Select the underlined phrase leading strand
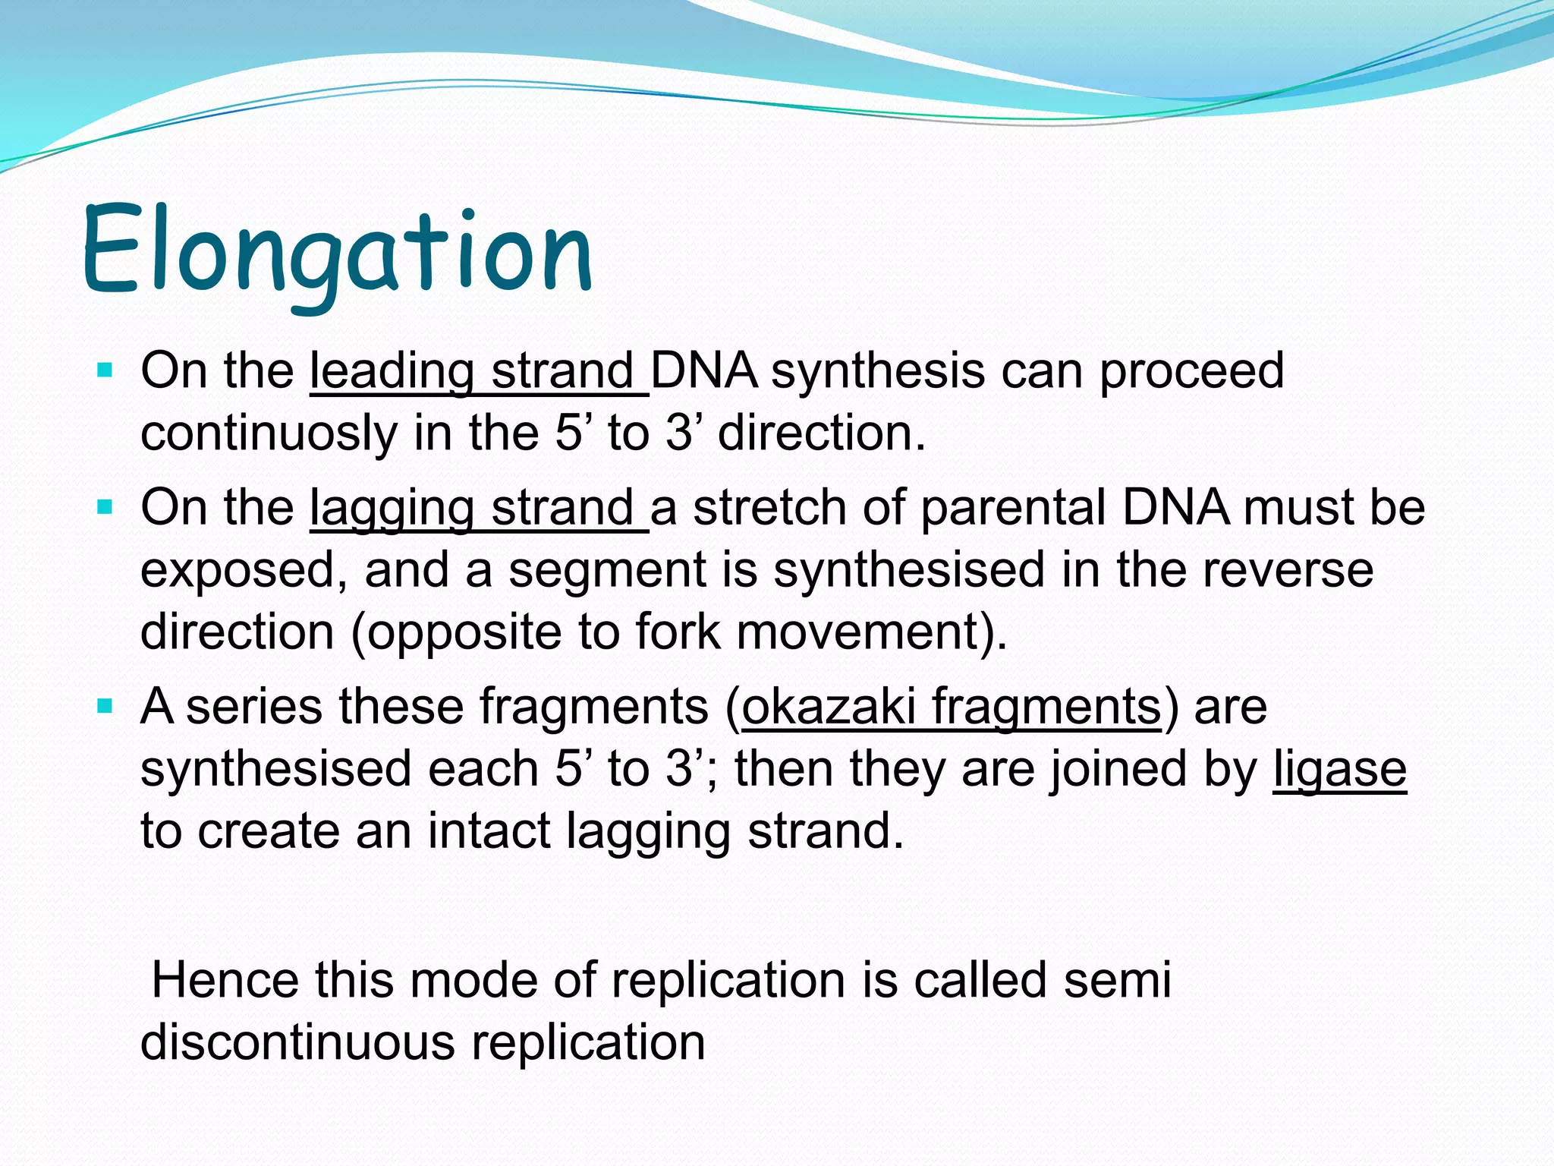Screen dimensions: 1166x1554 (x=478, y=372)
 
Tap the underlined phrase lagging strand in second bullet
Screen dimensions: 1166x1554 (x=478, y=509)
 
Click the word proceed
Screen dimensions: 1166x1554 (x=1191, y=372)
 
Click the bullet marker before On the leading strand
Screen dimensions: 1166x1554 (x=105, y=372)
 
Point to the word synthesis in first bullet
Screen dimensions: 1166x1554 (x=877, y=372)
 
